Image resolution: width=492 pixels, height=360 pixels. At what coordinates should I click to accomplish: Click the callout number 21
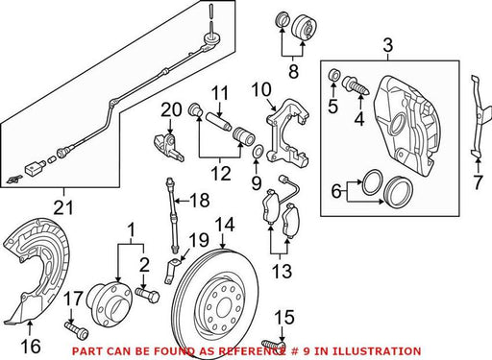(63, 208)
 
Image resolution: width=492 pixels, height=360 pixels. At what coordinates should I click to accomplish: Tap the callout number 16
(31, 347)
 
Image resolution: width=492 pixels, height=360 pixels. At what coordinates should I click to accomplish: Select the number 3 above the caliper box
(388, 45)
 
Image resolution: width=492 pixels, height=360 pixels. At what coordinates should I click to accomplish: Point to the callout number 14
(225, 225)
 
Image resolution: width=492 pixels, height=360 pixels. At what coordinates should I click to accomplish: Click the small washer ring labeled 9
(258, 151)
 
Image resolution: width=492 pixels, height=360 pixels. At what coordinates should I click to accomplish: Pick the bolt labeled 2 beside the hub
(147, 295)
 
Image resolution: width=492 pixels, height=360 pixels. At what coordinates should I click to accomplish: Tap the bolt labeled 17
(76, 330)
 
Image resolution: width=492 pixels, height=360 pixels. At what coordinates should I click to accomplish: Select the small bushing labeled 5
(333, 75)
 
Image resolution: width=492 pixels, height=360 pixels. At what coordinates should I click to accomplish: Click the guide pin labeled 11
(218, 123)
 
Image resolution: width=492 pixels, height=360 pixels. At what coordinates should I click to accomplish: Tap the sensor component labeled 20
(168, 147)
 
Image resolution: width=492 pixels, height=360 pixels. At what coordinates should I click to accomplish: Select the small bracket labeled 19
(172, 271)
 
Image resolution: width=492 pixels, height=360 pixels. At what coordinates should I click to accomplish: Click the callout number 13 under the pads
(282, 271)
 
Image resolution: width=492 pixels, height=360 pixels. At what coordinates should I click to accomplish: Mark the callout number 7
(478, 182)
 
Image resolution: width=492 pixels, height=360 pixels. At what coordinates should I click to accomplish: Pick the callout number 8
(293, 71)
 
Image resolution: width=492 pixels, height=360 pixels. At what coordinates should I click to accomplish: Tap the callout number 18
(199, 201)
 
